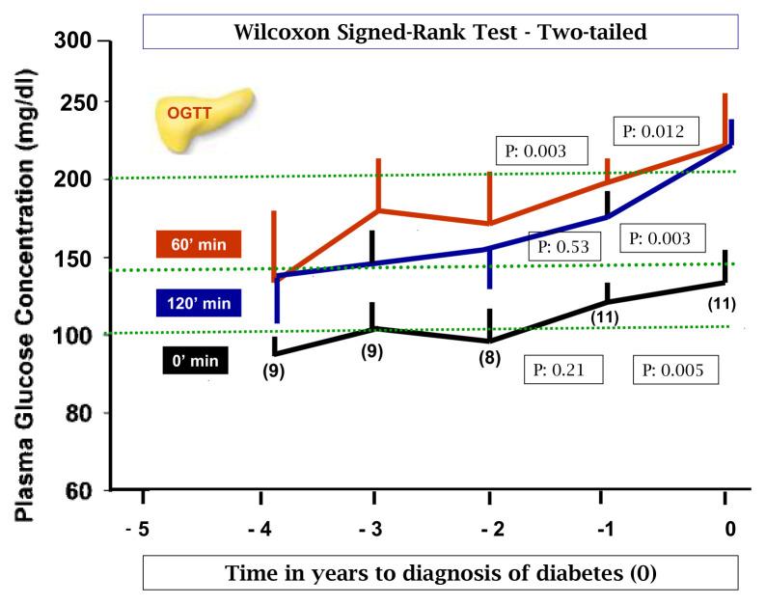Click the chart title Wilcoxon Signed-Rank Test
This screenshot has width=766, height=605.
439,31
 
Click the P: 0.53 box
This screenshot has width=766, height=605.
565,247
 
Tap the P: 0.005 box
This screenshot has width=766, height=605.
675,370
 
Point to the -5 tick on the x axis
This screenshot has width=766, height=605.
142,528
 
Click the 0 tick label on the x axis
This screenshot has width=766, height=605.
729,528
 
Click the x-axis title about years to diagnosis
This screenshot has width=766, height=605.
440,573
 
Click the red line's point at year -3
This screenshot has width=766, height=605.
378,209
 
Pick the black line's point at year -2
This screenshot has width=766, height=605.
490,341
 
